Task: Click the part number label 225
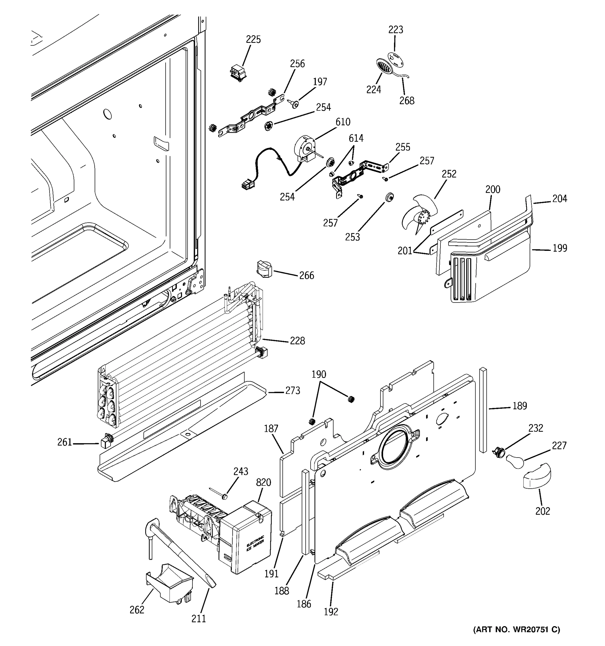[253, 39]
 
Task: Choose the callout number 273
[293, 391]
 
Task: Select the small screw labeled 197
[294, 104]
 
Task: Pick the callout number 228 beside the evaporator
[297, 341]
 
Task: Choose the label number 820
[263, 483]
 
